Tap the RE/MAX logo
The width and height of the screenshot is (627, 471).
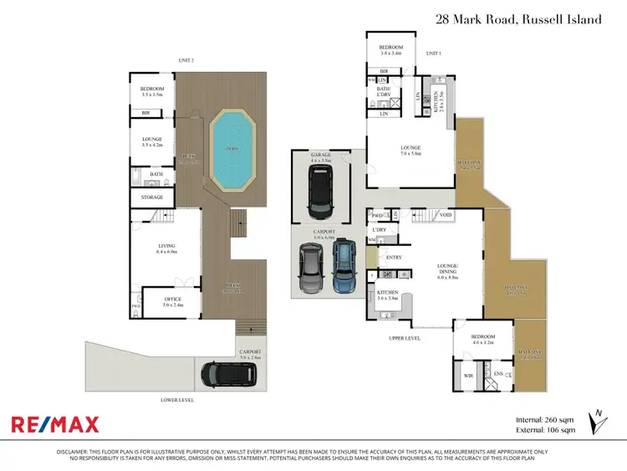(55, 424)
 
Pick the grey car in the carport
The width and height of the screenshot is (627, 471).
(311, 269)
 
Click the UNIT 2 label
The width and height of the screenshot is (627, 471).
(186, 60)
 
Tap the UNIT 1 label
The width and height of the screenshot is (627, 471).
(433, 54)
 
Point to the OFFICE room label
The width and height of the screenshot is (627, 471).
(171, 296)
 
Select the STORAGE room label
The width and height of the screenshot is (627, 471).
(151, 198)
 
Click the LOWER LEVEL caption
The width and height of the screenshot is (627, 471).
(177, 400)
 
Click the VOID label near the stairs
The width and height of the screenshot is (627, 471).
(446, 215)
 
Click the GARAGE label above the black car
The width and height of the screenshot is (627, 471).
(321, 156)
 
